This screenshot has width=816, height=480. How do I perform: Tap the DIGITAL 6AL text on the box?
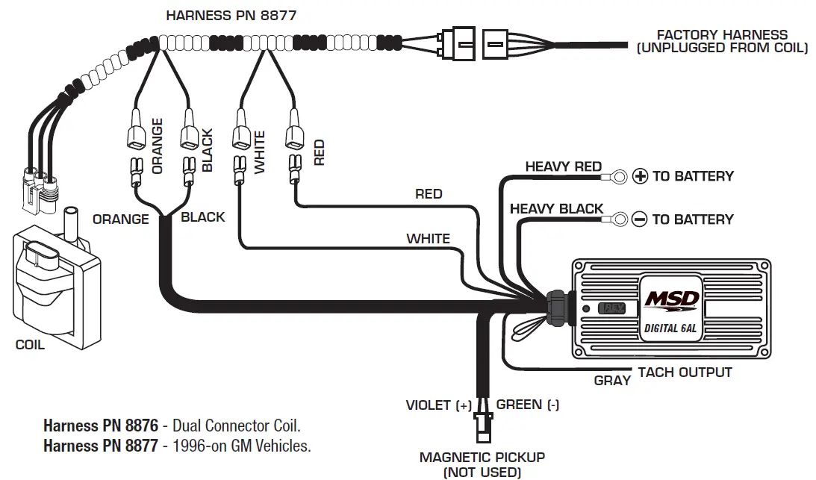tap(671, 328)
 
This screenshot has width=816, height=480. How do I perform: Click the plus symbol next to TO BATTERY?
tap(640, 176)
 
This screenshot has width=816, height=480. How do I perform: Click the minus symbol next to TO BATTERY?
tap(639, 219)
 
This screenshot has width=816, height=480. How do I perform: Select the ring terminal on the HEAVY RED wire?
tap(617, 176)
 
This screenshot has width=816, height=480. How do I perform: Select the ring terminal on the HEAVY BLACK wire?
tap(617, 219)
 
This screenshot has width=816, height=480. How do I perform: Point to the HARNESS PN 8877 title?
tap(225, 15)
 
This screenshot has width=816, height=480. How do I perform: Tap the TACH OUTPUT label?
tap(685, 372)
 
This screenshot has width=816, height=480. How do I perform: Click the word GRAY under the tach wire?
tap(612, 381)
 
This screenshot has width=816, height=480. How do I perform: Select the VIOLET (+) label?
tap(439, 405)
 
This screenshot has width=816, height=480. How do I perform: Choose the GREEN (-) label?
tap(528, 405)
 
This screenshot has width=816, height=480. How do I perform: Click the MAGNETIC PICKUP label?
tap(482, 458)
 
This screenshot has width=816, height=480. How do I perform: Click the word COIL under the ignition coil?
tap(30, 345)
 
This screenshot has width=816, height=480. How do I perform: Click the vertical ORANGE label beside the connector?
tap(158, 146)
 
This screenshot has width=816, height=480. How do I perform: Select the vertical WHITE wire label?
tap(260, 153)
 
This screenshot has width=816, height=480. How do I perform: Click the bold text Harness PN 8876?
tap(101, 426)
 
